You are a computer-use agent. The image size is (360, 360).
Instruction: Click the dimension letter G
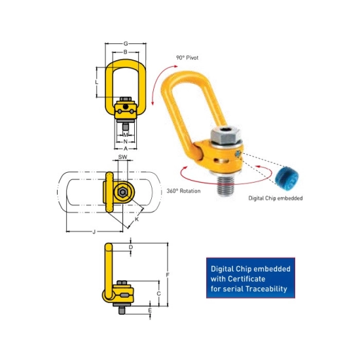[126, 44]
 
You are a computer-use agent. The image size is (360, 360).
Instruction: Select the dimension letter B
[126, 52]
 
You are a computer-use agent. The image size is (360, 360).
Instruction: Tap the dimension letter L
[97, 82]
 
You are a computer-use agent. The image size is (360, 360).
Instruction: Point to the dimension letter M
[126, 135]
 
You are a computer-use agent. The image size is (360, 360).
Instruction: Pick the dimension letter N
[126, 141]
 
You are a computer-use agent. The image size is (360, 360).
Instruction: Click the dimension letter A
[126, 149]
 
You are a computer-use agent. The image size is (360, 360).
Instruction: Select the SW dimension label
[122, 157]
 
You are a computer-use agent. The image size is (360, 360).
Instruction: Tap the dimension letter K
[137, 219]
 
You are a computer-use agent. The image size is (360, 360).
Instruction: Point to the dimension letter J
[94, 232]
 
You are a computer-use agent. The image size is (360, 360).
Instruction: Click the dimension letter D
[131, 247]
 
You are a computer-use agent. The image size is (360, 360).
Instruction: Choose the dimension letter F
[168, 275]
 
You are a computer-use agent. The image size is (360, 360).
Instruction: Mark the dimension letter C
[158, 293]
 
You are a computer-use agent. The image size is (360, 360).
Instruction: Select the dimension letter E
[150, 310]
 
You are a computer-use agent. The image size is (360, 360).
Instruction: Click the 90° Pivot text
[187, 58]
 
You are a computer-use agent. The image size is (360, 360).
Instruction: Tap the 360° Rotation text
[183, 190]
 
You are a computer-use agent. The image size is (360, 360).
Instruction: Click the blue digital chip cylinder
[287, 177]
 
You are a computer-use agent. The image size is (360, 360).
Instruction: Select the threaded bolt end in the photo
[225, 186]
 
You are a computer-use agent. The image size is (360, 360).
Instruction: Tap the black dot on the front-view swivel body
[126, 107]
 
